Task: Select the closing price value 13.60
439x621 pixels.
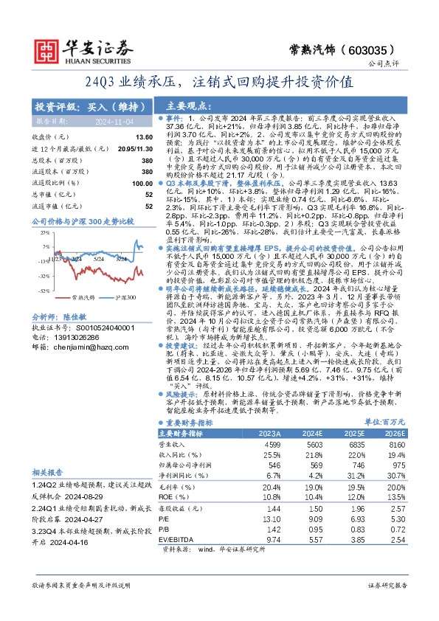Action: [x=144, y=137]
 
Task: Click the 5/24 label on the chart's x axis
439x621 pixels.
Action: [x=98, y=259]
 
